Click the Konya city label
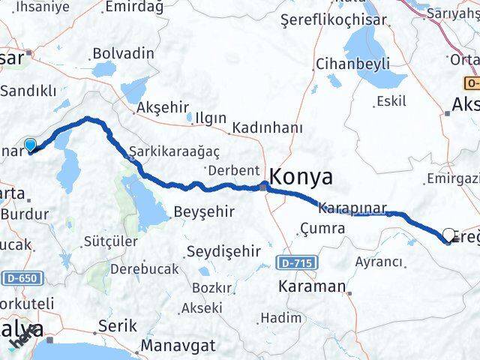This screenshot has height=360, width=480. [x=301, y=177]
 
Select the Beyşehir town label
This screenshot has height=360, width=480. [x=200, y=212]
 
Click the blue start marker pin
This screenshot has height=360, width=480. [x=30, y=145]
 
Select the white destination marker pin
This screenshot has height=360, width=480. [x=448, y=235]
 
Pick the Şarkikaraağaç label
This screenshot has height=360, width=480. [x=174, y=150]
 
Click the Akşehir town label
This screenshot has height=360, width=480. [x=160, y=108]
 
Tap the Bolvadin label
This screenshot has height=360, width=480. [x=122, y=53]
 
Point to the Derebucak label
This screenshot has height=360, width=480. [x=144, y=268]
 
